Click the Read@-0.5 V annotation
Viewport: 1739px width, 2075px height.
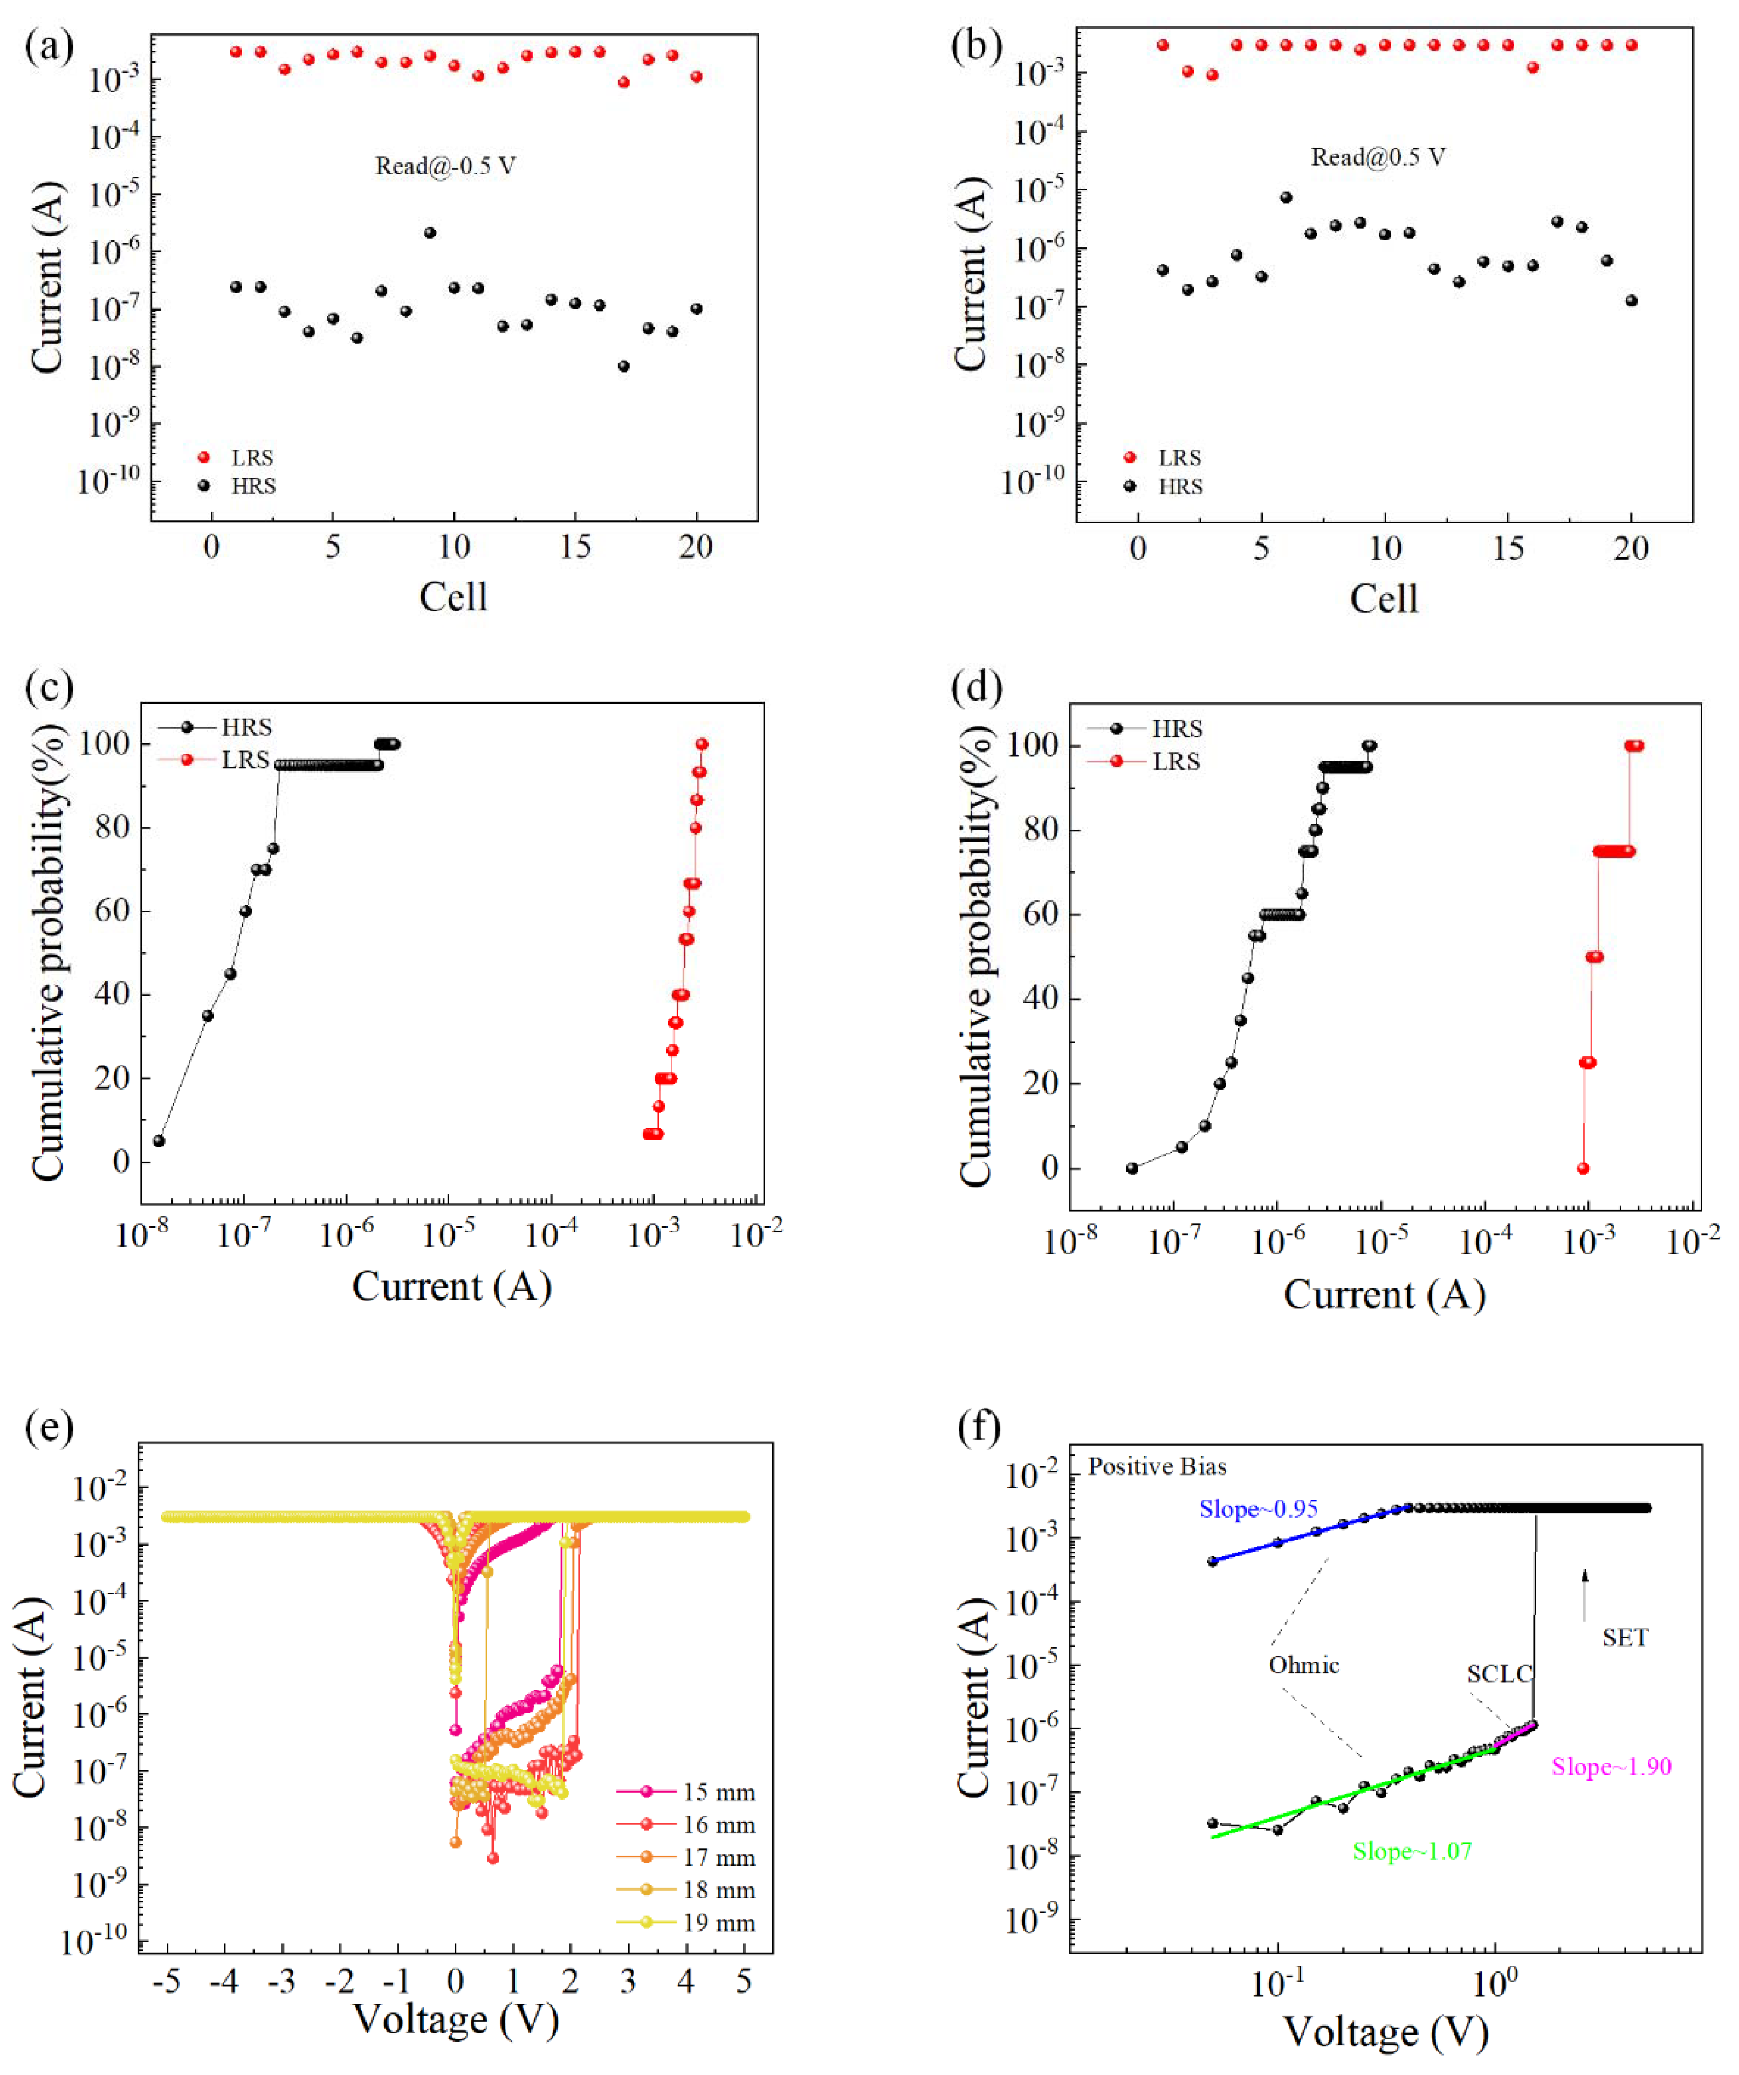click(445, 166)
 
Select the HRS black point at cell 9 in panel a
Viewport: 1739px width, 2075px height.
click(430, 233)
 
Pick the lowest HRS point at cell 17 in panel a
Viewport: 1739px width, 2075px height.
click(623, 367)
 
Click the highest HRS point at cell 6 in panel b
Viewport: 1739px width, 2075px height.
click(1286, 198)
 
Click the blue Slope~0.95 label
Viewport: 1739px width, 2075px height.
click(1258, 1509)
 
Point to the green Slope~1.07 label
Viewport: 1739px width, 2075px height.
click(1412, 1851)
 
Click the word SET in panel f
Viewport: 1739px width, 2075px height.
click(1624, 1637)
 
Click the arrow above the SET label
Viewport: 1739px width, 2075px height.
click(1585, 1594)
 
